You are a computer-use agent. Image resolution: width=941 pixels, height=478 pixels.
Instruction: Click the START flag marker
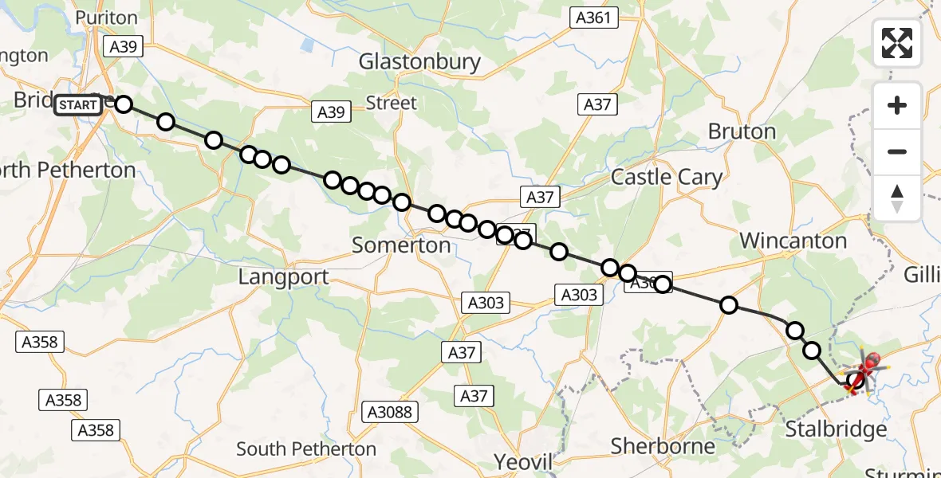(78, 105)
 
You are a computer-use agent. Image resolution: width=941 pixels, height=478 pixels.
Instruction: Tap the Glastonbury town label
(419, 62)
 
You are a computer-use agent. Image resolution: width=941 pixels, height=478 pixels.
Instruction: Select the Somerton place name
(401, 245)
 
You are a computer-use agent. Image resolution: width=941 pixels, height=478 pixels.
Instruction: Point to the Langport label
(283, 277)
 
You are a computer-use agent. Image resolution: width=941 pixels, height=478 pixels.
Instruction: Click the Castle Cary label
(666, 177)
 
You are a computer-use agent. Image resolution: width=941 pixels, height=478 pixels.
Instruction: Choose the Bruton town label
(741, 131)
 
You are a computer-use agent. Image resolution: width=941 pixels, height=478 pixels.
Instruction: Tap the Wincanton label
(793, 241)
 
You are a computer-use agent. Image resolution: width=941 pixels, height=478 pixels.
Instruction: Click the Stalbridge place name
(836, 430)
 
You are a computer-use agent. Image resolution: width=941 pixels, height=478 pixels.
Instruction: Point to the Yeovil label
(523, 462)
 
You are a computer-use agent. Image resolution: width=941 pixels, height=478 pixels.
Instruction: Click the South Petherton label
(306, 449)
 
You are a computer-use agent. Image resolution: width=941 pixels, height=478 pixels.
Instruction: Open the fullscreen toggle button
(897, 43)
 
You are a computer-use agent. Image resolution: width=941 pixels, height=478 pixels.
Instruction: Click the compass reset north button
(897, 198)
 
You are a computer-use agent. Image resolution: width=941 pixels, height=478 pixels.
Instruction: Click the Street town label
(391, 103)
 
